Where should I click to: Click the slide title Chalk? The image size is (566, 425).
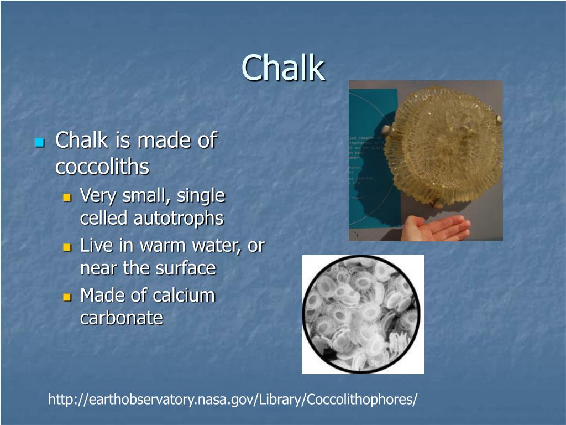pos(283,68)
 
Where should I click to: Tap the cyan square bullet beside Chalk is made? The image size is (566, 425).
pos(39,143)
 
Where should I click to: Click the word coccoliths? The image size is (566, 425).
pos(102,167)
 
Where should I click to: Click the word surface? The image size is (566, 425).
pos(185,268)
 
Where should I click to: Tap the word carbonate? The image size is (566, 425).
pos(122,318)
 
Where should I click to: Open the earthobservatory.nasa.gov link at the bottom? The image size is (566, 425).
pos(233,399)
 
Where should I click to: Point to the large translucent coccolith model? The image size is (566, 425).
pos(442,147)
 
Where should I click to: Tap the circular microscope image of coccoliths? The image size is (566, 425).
pos(362,314)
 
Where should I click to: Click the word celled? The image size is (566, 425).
pos(104,219)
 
